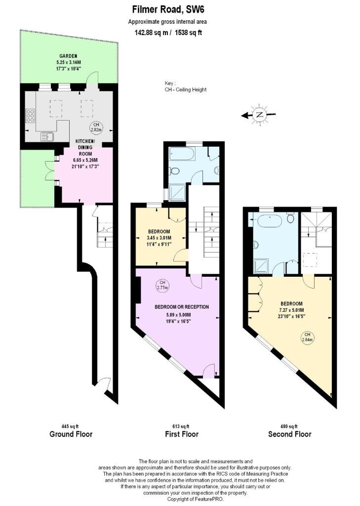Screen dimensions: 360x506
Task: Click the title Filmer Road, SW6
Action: tap(168, 10)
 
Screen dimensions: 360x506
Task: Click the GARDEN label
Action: tap(68, 56)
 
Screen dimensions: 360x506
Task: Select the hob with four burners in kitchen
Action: tap(30, 116)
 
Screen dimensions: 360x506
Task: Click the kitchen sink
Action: tap(47, 137)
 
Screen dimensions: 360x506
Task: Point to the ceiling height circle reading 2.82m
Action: tap(96, 127)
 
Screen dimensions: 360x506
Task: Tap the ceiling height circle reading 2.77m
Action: tap(162, 285)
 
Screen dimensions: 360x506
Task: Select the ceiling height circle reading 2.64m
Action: tap(307, 337)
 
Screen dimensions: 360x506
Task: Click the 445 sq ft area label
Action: tap(70, 426)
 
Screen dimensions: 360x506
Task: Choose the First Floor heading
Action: tap(182, 434)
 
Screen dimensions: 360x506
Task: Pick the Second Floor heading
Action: tap(290, 434)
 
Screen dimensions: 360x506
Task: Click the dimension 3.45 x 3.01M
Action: tap(159, 238)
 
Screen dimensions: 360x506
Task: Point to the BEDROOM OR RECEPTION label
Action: tap(182, 307)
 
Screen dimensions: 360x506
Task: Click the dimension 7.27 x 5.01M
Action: tap(292, 310)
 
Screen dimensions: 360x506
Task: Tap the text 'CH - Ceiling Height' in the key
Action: tap(186, 90)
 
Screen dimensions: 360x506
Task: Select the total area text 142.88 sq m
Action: tap(151, 33)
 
